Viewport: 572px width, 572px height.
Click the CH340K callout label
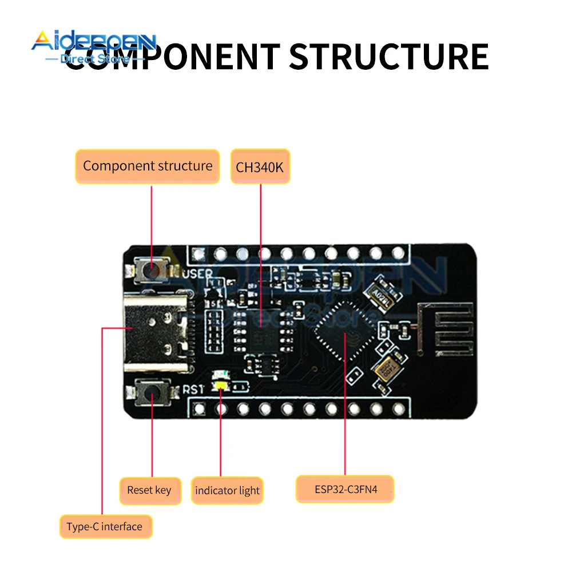[x=260, y=166]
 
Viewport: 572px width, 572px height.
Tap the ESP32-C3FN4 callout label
[x=345, y=489]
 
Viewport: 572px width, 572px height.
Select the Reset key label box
[x=150, y=490]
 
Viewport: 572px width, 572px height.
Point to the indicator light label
[x=227, y=491]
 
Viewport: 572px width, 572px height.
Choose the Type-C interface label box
[x=106, y=526]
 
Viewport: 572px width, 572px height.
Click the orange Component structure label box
[x=148, y=166]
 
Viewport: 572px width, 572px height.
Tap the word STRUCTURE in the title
[x=388, y=55]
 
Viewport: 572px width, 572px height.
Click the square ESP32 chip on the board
[x=344, y=332]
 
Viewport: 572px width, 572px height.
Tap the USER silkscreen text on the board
[x=197, y=274]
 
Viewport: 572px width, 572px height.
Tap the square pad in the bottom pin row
[x=199, y=408]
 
